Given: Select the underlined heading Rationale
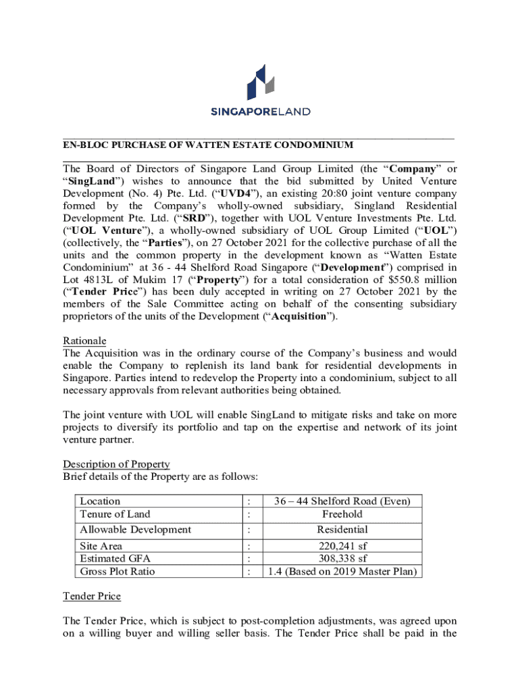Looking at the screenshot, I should tap(84, 341).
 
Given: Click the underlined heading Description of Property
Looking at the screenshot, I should tap(116, 464).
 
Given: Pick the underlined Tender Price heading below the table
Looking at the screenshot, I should tap(92, 596).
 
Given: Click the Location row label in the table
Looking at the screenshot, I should tap(100, 501).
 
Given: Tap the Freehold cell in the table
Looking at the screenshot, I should tap(342, 514).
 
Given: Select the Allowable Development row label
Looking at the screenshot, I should tap(135, 530).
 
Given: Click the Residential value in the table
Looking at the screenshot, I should tap(342, 530).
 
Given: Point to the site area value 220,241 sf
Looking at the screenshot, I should tap(342, 546).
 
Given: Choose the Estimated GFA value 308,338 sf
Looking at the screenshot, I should tap(342, 559).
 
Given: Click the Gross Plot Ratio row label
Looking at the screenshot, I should tap(117, 572).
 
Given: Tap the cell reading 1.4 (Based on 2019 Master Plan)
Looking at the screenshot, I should tap(342, 572).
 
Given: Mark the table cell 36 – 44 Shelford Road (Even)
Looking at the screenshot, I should tap(342, 501).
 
